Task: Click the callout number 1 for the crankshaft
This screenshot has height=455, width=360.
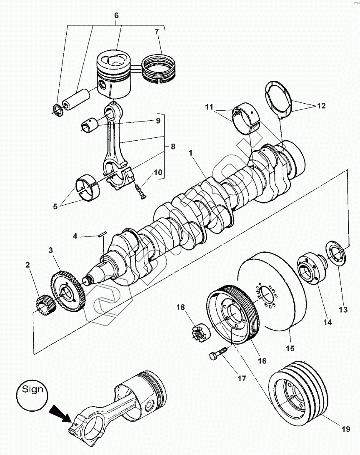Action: (190, 153)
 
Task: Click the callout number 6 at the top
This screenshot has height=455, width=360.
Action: (116, 15)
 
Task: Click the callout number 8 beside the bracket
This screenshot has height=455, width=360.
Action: (172, 147)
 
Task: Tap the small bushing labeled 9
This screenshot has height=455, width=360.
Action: (89, 124)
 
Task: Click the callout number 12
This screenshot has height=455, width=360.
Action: (321, 106)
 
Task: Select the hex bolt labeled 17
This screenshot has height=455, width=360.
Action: (217, 354)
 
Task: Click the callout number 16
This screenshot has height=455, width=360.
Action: (262, 361)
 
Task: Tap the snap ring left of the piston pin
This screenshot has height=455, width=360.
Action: (57, 110)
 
